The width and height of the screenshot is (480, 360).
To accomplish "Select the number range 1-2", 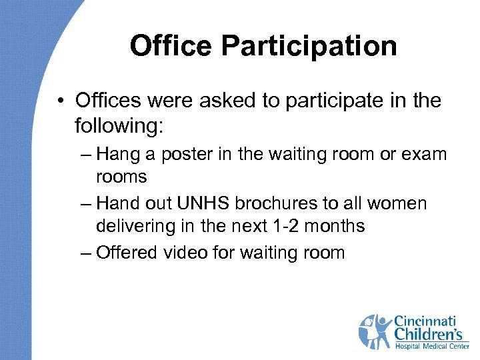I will point(285,226).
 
